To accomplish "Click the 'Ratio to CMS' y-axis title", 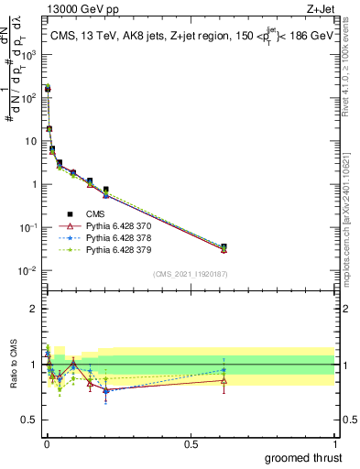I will (x=12, y=365).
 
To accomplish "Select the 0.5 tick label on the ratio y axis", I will (x=30, y=420).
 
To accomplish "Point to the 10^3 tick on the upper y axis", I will (x=30, y=54).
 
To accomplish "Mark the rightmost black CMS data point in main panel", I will (x=224, y=246).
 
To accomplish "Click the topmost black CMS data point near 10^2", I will (x=48, y=90).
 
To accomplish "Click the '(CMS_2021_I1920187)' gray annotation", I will (x=190, y=274).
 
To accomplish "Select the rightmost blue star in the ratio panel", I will (x=224, y=370).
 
